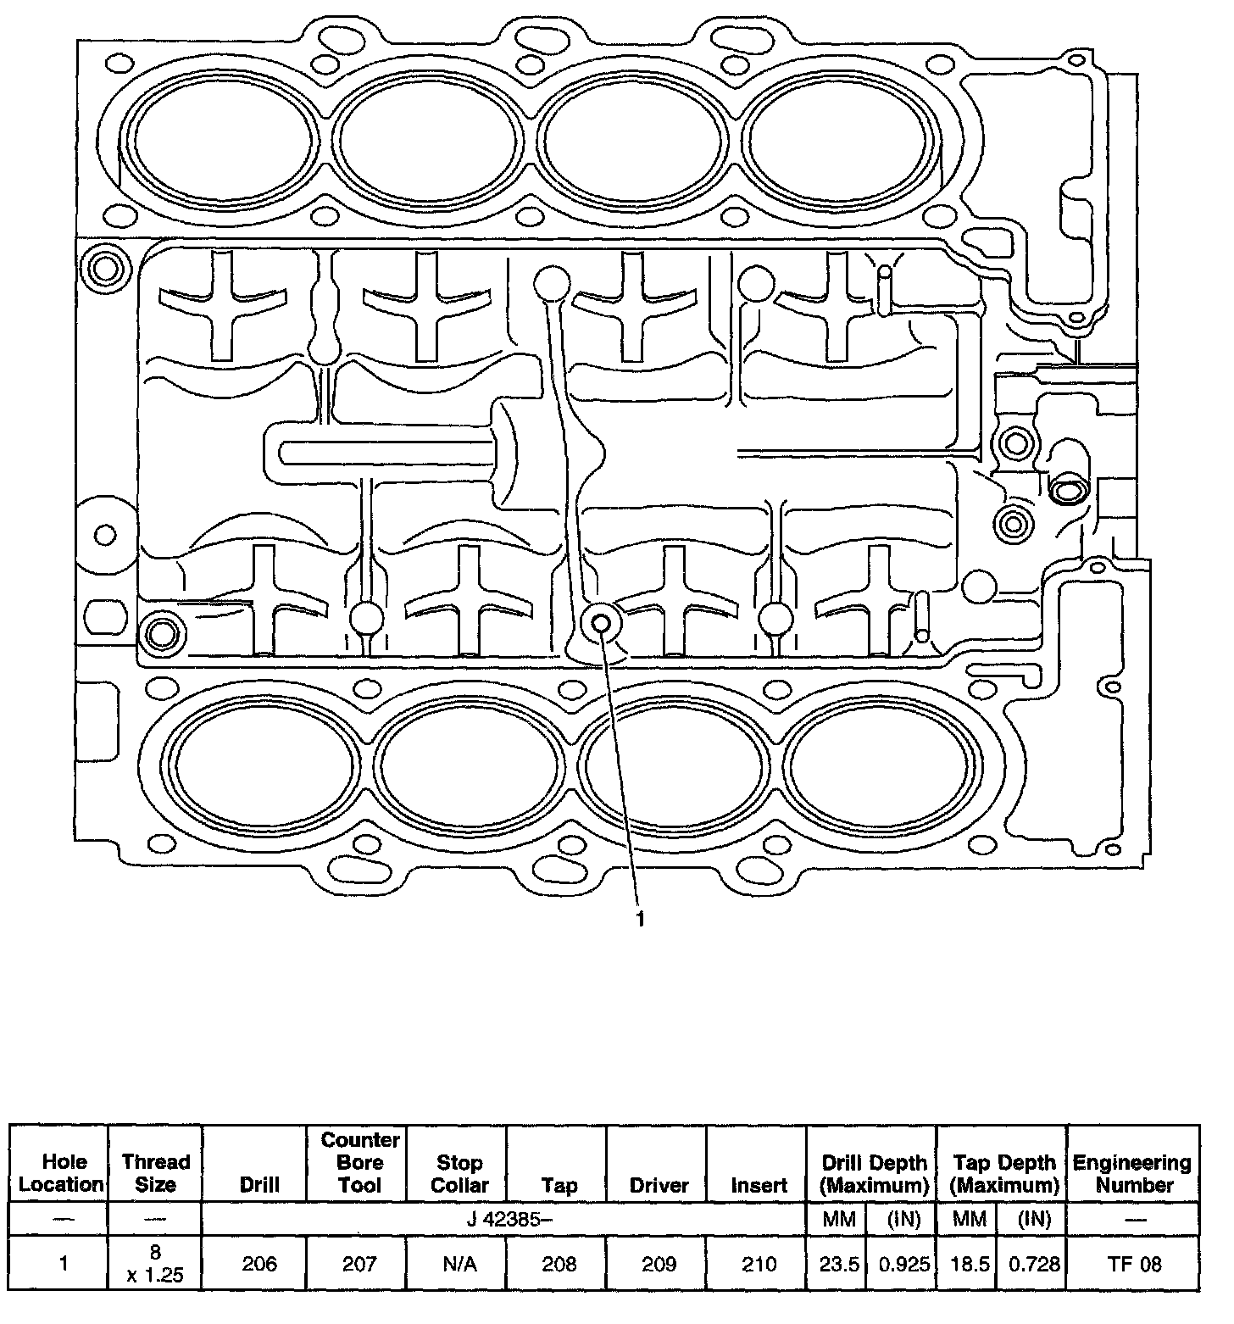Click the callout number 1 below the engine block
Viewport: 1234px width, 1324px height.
pyautogui.click(x=641, y=920)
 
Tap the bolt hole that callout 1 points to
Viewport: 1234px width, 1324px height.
pyautogui.click(x=601, y=623)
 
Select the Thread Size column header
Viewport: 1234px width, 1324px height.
pyautogui.click(x=156, y=1173)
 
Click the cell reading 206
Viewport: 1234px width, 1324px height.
pyautogui.click(x=259, y=1264)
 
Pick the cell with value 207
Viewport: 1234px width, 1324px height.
pyautogui.click(x=359, y=1264)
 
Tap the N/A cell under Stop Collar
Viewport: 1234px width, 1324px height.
pyautogui.click(x=459, y=1264)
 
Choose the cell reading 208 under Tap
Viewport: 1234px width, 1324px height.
pyautogui.click(x=559, y=1264)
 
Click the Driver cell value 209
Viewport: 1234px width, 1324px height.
pyautogui.click(x=659, y=1264)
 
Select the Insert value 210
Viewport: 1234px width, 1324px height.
pyautogui.click(x=759, y=1264)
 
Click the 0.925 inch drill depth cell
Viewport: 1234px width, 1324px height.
pyautogui.click(x=903, y=1264)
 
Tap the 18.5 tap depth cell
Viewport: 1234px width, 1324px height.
pyautogui.click(x=970, y=1264)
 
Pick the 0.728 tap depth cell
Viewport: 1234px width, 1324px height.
pyautogui.click(x=1034, y=1264)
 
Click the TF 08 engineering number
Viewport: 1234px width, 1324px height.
pyautogui.click(x=1134, y=1264)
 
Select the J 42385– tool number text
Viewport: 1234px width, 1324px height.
pyautogui.click(x=504, y=1221)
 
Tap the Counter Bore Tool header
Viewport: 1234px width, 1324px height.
pyautogui.click(x=359, y=1163)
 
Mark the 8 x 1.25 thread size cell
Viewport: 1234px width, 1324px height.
pyautogui.click(x=156, y=1263)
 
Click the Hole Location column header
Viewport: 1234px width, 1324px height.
pyautogui.click(x=62, y=1173)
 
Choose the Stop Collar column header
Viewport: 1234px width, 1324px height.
pyautogui.click(x=459, y=1173)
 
